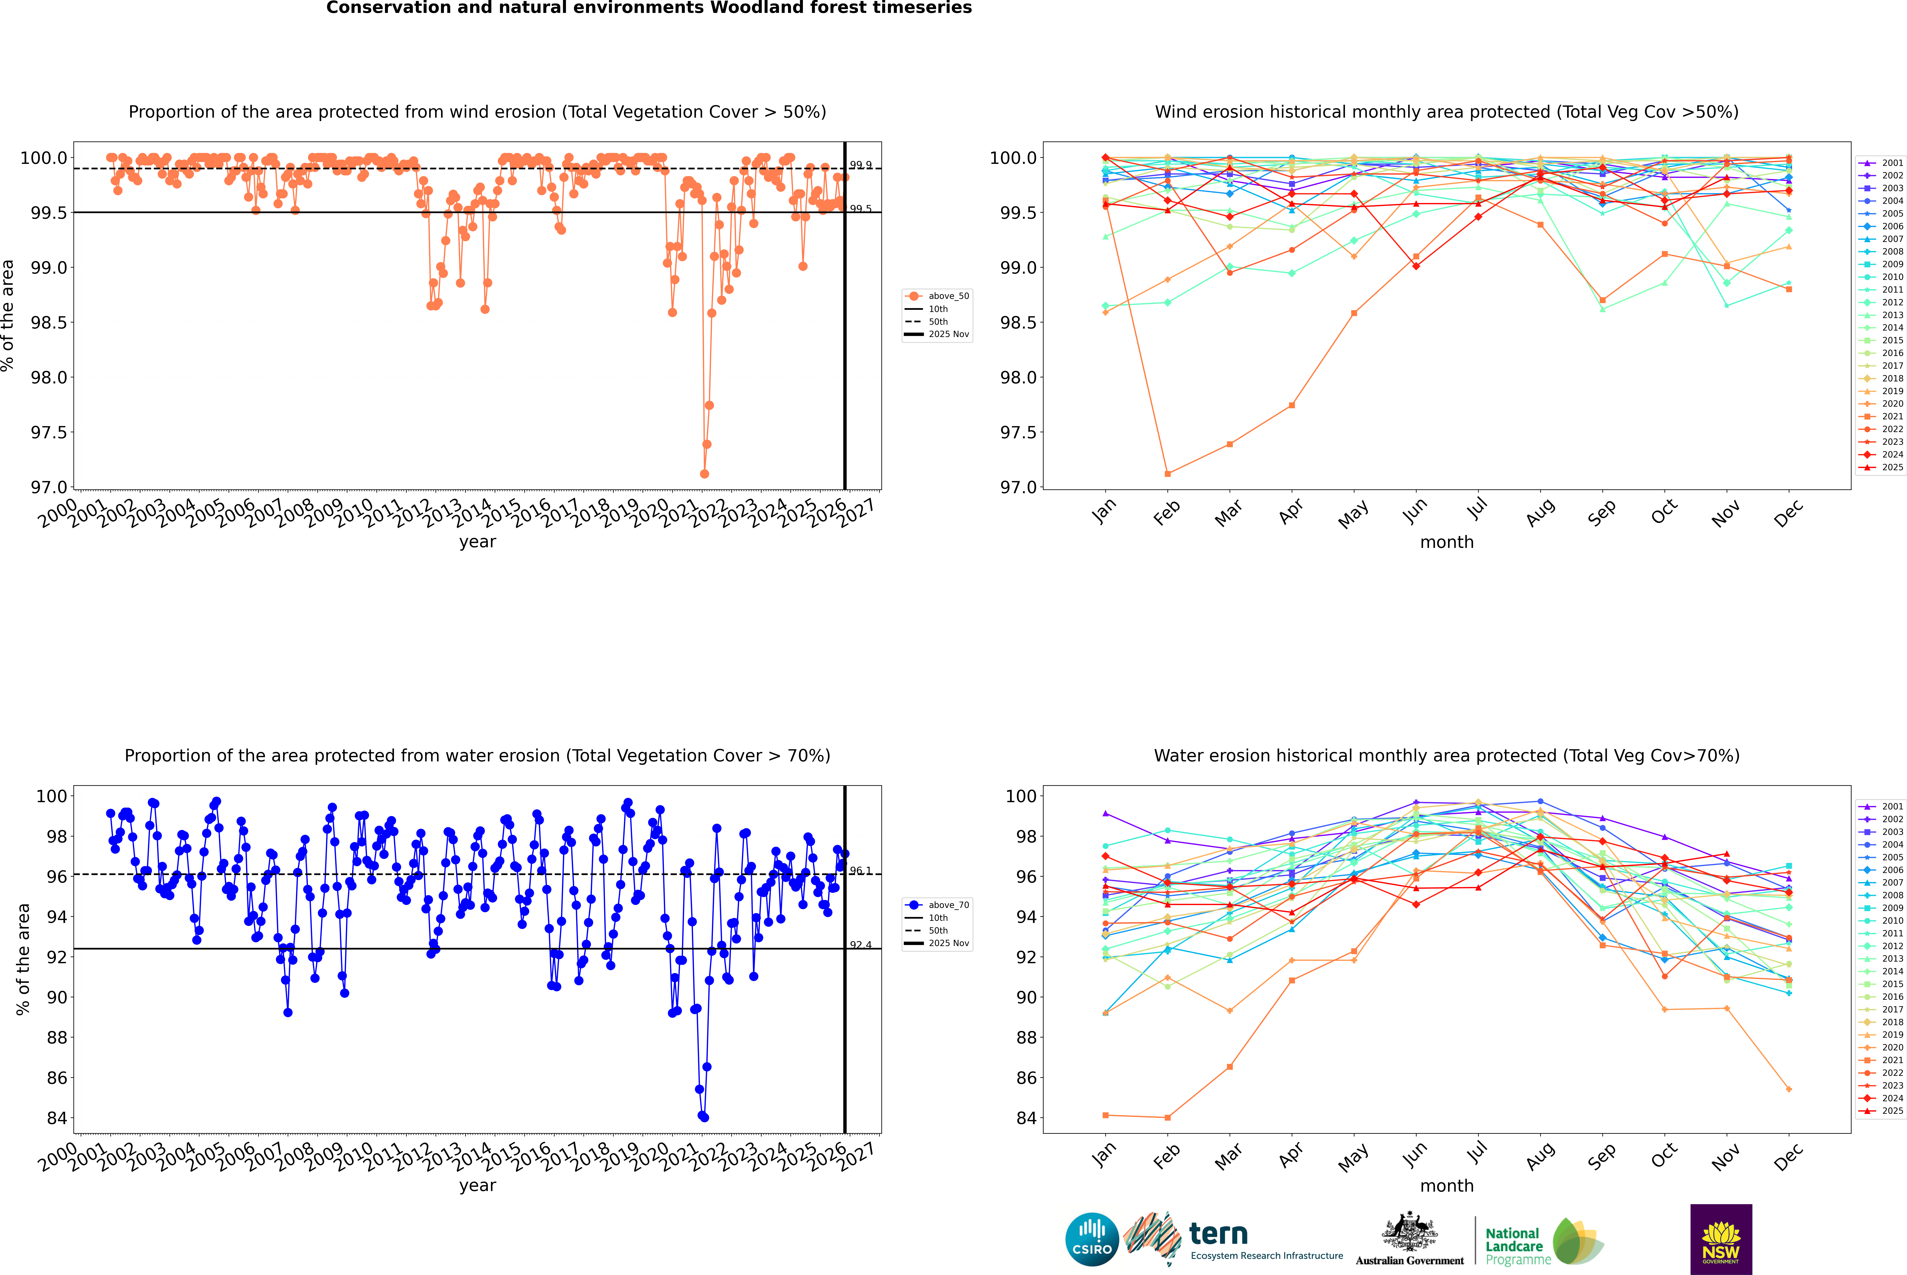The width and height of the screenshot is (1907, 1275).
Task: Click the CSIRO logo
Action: [1092, 1239]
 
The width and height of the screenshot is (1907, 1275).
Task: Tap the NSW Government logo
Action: [1721, 1239]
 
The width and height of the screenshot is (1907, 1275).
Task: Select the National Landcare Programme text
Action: [1514, 1246]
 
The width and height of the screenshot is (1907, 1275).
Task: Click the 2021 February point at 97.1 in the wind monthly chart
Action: [1167, 473]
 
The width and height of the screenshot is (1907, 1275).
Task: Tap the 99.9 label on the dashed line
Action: [861, 165]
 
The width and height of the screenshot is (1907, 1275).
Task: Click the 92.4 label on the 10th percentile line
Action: [861, 945]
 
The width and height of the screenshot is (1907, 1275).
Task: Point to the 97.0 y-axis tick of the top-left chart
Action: [49, 487]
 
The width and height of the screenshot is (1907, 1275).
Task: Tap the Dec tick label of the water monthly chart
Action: [1788, 1157]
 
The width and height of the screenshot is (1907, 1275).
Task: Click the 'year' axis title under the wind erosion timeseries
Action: [477, 542]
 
